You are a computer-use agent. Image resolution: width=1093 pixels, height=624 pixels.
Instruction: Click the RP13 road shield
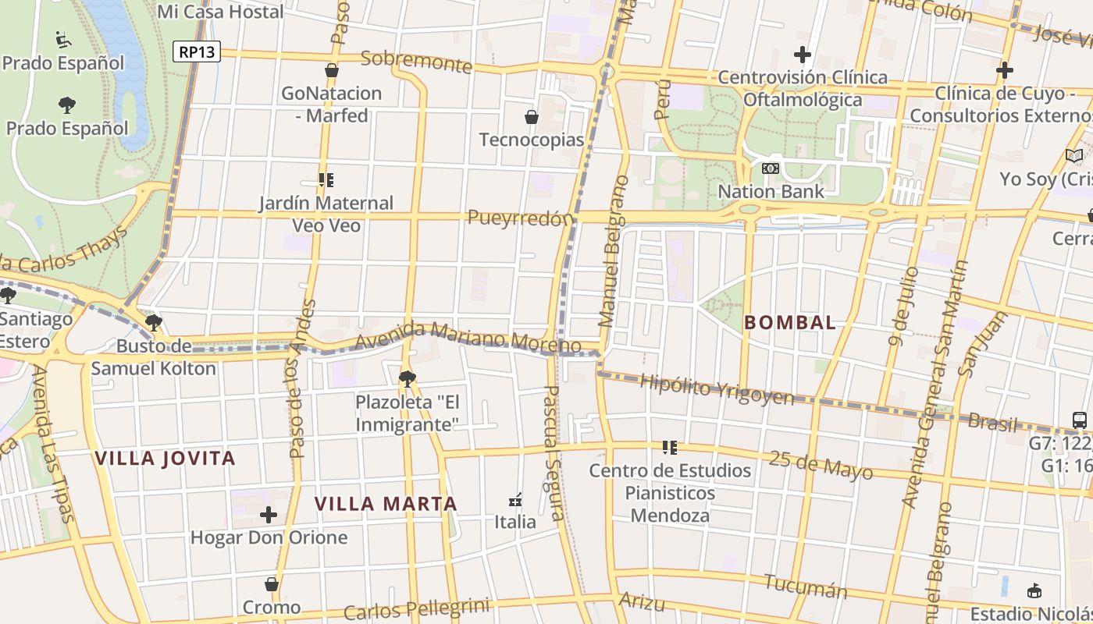point(196,52)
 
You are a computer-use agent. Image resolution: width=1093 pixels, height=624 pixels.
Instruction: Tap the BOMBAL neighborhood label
point(789,322)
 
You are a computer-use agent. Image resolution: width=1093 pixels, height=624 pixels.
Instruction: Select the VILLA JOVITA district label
point(165,458)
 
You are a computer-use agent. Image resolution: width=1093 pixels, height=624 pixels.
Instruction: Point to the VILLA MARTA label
point(386,504)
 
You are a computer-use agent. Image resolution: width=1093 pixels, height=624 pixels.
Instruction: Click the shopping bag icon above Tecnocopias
point(532,117)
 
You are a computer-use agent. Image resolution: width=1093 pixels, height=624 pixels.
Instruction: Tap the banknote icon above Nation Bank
point(771,168)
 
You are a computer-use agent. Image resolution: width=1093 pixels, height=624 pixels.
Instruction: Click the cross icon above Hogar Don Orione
point(269,515)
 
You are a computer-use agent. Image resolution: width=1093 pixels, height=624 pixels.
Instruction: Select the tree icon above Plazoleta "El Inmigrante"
point(407,379)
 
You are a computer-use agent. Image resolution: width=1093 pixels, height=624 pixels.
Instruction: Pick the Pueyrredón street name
point(521,218)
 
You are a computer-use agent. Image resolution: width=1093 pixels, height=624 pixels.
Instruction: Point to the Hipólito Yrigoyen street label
point(716,389)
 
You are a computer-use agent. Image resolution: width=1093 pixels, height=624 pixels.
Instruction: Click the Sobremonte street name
point(417,62)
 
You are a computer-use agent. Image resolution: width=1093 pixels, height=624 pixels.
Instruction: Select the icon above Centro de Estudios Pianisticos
point(670,448)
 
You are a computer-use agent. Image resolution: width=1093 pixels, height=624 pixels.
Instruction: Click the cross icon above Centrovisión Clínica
point(802,55)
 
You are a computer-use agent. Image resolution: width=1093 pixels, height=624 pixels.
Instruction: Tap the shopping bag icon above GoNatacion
point(332,70)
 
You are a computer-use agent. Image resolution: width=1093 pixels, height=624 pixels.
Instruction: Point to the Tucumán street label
point(805,586)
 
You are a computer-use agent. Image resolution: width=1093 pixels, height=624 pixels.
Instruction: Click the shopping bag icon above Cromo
point(272,584)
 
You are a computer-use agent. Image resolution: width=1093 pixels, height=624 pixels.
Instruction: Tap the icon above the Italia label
point(515,499)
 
